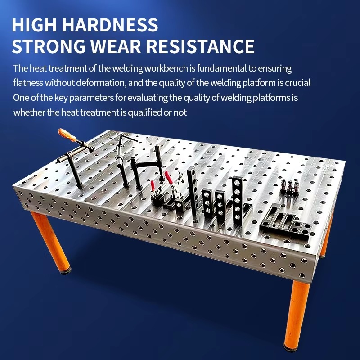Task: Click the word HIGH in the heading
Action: click(x=34, y=24)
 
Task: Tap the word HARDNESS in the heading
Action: click(x=110, y=24)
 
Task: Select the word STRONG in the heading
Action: click(x=49, y=46)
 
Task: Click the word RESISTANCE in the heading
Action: click(x=200, y=46)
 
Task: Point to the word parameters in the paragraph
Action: click(x=91, y=98)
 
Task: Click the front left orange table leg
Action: click(x=51, y=241)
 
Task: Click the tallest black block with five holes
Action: click(x=238, y=200)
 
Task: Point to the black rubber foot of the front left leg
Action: click(x=65, y=271)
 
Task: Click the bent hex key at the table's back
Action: click(x=124, y=140)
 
